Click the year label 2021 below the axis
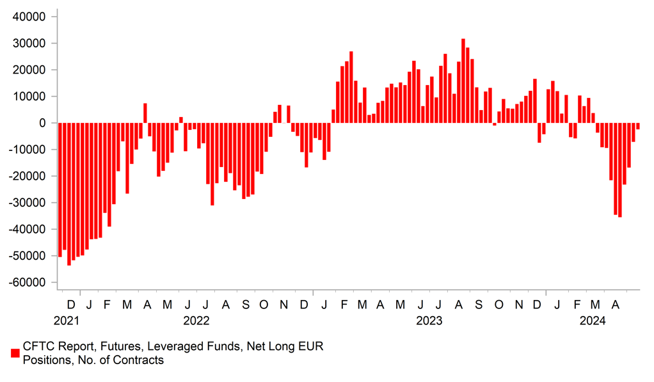pos(67,319)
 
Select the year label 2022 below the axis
pos(196,319)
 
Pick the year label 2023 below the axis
pos(429,319)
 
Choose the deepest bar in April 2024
pos(619,170)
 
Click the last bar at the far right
pos(638,126)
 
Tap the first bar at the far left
pos(60,189)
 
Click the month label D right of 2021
pos(71,303)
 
